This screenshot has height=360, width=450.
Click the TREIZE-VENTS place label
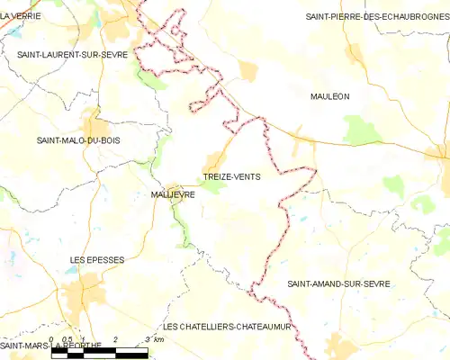coord(232,176)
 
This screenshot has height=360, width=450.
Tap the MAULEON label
coord(329,95)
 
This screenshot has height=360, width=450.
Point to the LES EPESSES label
coord(97,259)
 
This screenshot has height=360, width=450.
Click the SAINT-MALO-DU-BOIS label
coord(77,139)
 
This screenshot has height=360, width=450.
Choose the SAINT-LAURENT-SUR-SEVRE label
coord(72,55)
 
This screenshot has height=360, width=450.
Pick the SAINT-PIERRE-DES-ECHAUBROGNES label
coord(377,16)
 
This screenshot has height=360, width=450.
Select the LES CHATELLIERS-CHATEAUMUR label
coord(228,326)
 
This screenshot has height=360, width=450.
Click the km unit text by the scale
coord(158,339)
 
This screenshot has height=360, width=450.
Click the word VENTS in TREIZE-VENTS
coord(247,176)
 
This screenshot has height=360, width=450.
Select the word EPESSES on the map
coord(106,259)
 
